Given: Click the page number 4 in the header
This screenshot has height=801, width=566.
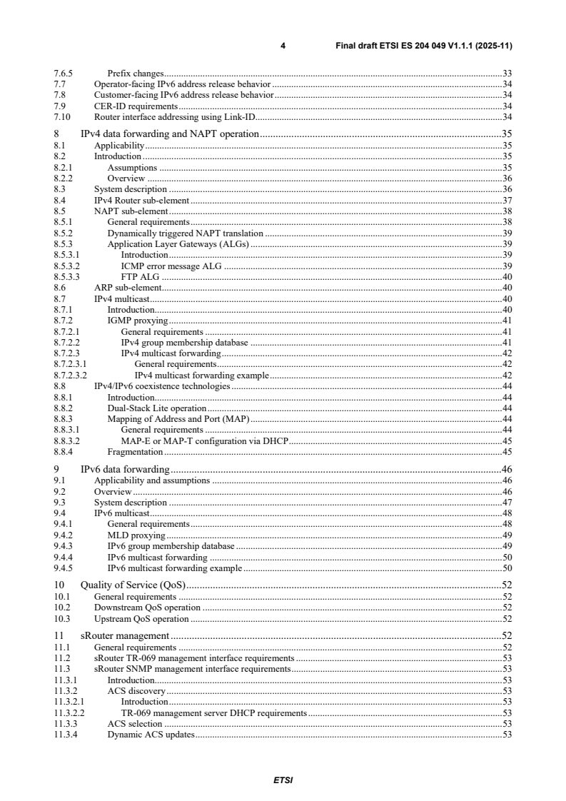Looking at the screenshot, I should [283, 46].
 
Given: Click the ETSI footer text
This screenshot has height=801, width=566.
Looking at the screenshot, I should [283, 780].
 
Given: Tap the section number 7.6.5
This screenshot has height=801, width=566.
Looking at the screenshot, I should [64, 74].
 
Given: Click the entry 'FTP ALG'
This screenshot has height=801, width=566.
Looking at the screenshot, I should [141, 276].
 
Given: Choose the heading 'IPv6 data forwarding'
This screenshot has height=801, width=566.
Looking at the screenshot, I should [125, 469].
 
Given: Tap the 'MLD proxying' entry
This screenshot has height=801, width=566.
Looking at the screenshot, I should [136, 535].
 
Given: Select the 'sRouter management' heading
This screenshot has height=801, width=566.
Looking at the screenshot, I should [124, 635].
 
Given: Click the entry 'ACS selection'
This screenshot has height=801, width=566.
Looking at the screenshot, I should [135, 723].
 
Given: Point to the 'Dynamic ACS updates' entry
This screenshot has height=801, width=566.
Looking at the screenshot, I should [151, 735].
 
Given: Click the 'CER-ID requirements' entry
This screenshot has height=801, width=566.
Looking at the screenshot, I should [136, 106].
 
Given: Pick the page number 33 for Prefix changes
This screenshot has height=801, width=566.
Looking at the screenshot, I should [507, 74].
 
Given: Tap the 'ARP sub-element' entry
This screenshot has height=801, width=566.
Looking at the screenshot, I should [128, 288].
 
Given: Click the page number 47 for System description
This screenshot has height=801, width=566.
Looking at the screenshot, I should [507, 502].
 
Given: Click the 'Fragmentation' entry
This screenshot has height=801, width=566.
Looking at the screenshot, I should [135, 451].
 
